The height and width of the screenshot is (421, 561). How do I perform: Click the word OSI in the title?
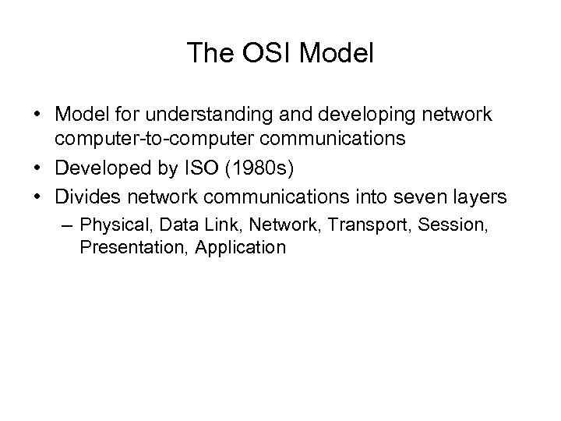(x=264, y=54)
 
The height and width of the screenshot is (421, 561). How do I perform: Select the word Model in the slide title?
(x=337, y=54)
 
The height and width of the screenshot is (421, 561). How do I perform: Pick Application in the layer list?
(x=241, y=247)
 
